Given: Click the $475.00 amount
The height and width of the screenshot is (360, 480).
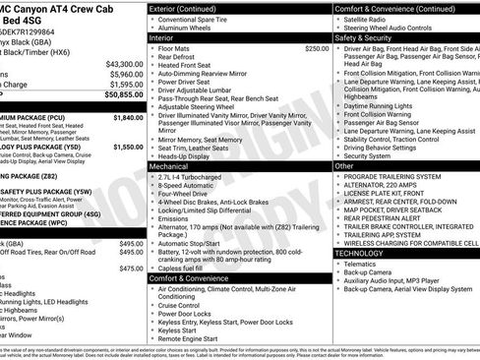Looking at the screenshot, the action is pyautogui.click(x=131, y=268).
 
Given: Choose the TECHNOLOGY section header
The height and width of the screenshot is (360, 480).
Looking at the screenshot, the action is pyautogui.click(x=359, y=253).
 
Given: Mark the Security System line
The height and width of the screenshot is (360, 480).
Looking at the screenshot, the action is pyautogui.click(x=368, y=155).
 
